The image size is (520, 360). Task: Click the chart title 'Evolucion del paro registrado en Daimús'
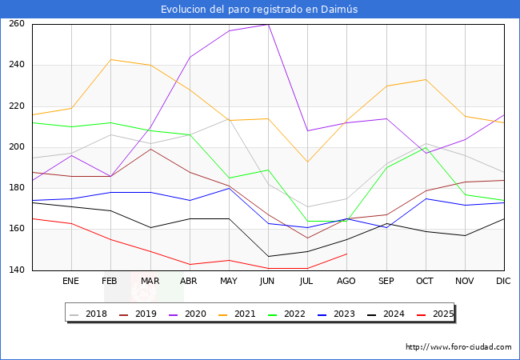point(260,9)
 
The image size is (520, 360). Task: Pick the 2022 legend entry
point(297,314)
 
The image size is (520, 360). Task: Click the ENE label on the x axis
point(71,282)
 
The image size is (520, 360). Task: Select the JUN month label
point(268,282)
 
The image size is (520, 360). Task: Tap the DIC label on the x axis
point(504,282)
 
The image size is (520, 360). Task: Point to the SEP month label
point(386,282)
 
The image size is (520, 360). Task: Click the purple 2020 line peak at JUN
point(268,24)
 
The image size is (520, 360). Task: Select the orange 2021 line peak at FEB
point(110,59)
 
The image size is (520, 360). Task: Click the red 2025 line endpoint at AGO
point(346,254)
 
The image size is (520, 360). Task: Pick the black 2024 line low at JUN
point(268,256)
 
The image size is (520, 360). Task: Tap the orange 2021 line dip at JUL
point(307,162)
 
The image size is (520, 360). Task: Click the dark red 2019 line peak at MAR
point(150,149)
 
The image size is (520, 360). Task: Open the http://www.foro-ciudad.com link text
point(458,347)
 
